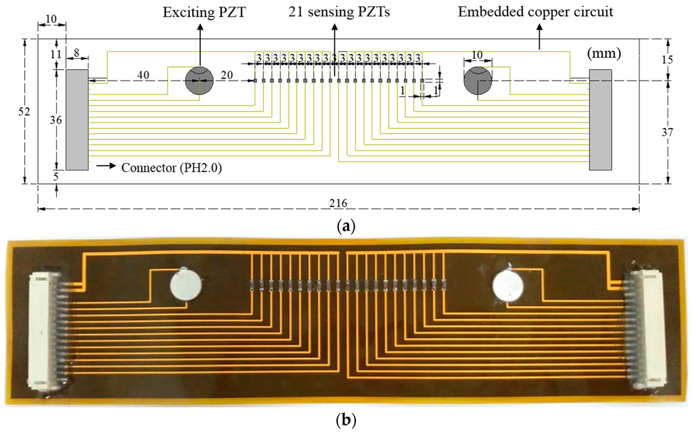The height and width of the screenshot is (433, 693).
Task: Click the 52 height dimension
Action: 24,112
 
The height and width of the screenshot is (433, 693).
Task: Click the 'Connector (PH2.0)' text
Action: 171,165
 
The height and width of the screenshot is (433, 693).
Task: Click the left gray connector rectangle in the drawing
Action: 76,120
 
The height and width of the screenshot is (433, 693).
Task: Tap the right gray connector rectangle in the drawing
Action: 600,120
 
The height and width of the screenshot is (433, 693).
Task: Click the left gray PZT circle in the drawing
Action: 199,81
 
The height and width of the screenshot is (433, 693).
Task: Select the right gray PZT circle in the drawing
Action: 477,81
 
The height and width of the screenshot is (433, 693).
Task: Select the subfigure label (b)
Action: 346,420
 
